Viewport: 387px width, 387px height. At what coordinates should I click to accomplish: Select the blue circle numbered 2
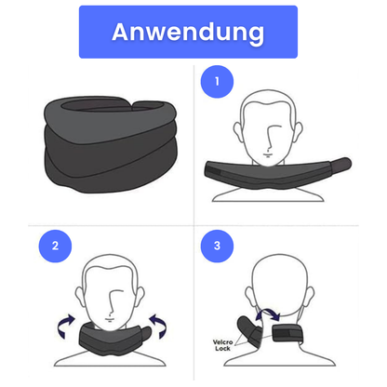click(55, 247)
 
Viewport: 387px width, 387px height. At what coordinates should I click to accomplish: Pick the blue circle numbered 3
click(217, 247)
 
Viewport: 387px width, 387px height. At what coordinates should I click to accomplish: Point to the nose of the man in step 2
click(112, 303)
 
